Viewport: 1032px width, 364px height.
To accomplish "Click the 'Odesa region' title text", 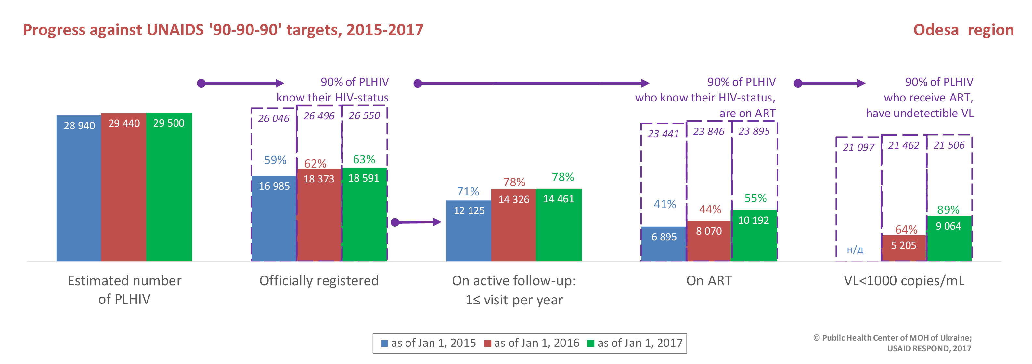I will coord(963,30).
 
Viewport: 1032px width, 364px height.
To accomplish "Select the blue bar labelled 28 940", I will coord(79,188).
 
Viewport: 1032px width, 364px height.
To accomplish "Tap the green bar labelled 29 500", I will coord(169,188).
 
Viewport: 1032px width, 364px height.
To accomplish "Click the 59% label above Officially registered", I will coord(275,160).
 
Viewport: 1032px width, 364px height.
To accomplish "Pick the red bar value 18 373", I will coord(318,179).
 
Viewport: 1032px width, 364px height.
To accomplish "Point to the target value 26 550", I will coord(364,116).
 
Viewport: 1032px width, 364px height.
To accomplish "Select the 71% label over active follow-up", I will coord(468,192).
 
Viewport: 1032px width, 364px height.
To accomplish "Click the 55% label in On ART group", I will coord(755,198).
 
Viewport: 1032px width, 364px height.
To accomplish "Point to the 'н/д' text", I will coord(855,250).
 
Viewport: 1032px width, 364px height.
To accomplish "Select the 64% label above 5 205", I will coord(906,230).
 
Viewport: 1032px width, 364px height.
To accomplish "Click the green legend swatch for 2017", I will coord(590,344).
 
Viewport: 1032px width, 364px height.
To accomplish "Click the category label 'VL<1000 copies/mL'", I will coord(904,281).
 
